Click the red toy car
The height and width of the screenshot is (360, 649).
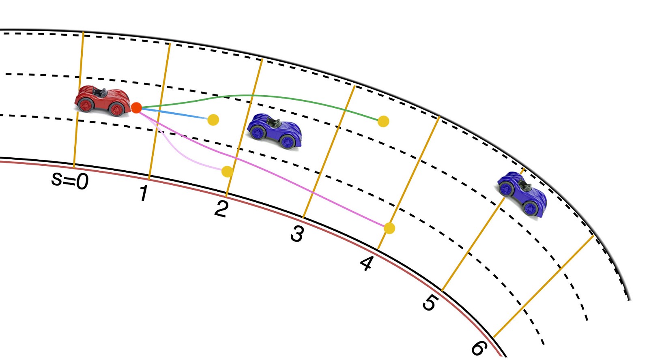103,101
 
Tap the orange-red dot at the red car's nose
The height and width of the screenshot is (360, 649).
136,108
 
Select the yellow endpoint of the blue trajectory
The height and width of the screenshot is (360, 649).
213,120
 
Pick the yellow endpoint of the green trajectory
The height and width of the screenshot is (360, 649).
383,121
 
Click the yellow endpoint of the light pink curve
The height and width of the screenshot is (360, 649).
227,171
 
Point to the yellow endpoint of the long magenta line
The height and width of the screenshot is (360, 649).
389,228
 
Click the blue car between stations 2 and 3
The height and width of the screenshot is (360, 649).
275,131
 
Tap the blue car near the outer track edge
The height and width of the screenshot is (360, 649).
522,194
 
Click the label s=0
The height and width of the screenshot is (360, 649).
70,181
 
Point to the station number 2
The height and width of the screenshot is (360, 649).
221,209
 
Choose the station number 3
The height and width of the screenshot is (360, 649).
297,234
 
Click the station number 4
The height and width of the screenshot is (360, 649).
367,264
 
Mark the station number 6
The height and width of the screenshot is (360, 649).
478,348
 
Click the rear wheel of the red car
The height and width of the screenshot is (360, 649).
85,105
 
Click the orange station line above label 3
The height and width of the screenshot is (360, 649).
329,152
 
